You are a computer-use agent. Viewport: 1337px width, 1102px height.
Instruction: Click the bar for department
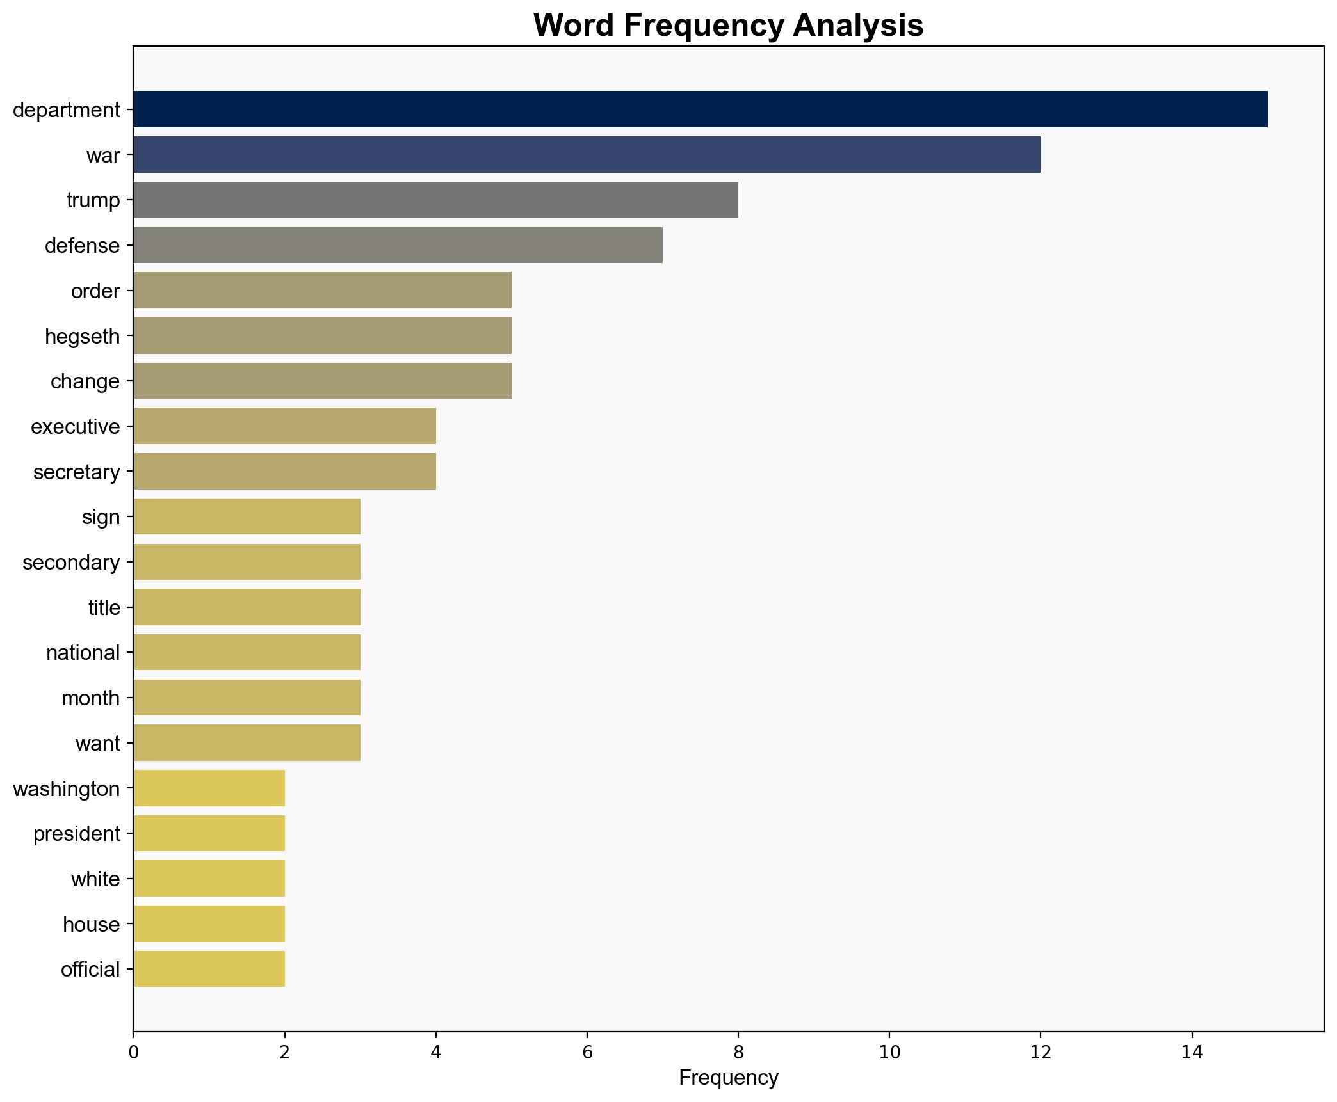point(700,109)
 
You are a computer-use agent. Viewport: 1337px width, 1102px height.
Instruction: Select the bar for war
point(587,155)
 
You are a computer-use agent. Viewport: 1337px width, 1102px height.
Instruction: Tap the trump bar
point(435,200)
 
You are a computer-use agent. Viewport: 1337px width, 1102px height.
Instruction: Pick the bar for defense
point(398,246)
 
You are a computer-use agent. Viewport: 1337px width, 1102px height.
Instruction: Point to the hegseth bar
point(322,336)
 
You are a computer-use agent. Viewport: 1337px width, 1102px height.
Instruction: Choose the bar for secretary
point(284,472)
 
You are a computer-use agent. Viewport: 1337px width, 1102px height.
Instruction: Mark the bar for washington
point(209,788)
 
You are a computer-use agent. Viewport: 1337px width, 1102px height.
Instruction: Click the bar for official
point(209,970)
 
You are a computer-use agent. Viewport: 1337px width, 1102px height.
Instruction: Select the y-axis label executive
point(76,427)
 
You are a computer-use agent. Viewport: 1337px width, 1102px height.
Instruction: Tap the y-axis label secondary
point(71,563)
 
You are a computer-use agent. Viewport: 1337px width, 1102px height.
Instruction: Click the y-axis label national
point(83,653)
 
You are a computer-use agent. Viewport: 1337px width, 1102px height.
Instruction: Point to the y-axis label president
point(77,834)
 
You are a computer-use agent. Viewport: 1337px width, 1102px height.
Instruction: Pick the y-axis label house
point(92,925)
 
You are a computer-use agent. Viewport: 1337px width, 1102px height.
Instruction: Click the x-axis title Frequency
point(728,1078)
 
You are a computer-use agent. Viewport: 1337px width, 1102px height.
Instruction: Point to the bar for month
point(247,698)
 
